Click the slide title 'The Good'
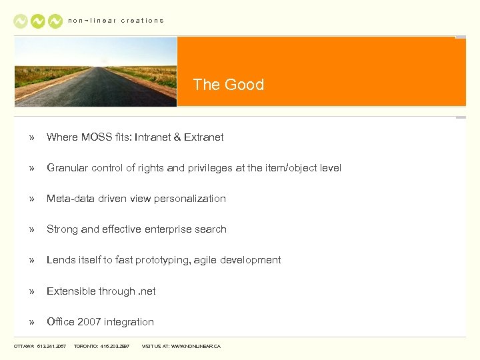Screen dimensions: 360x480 [x=228, y=85]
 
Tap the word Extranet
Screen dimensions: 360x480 [x=204, y=137]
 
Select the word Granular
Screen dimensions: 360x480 [x=67, y=168]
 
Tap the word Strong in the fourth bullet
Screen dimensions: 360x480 [x=62, y=229]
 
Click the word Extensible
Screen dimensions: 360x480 [x=71, y=291]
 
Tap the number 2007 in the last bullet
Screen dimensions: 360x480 [x=89, y=322]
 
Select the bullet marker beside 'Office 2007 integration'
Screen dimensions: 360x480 [x=31, y=322]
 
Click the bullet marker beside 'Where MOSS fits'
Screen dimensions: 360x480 [x=31, y=137]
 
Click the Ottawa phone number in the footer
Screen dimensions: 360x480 [x=52, y=347]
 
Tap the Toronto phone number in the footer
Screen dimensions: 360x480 [x=115, y=347]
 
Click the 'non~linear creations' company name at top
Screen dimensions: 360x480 [x=116, y=21]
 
